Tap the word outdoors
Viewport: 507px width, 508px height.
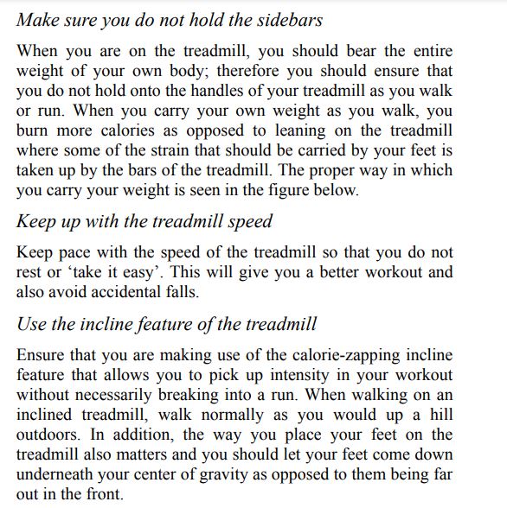[x=48, y=435]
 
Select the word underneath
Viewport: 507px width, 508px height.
[x=58, y=474]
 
